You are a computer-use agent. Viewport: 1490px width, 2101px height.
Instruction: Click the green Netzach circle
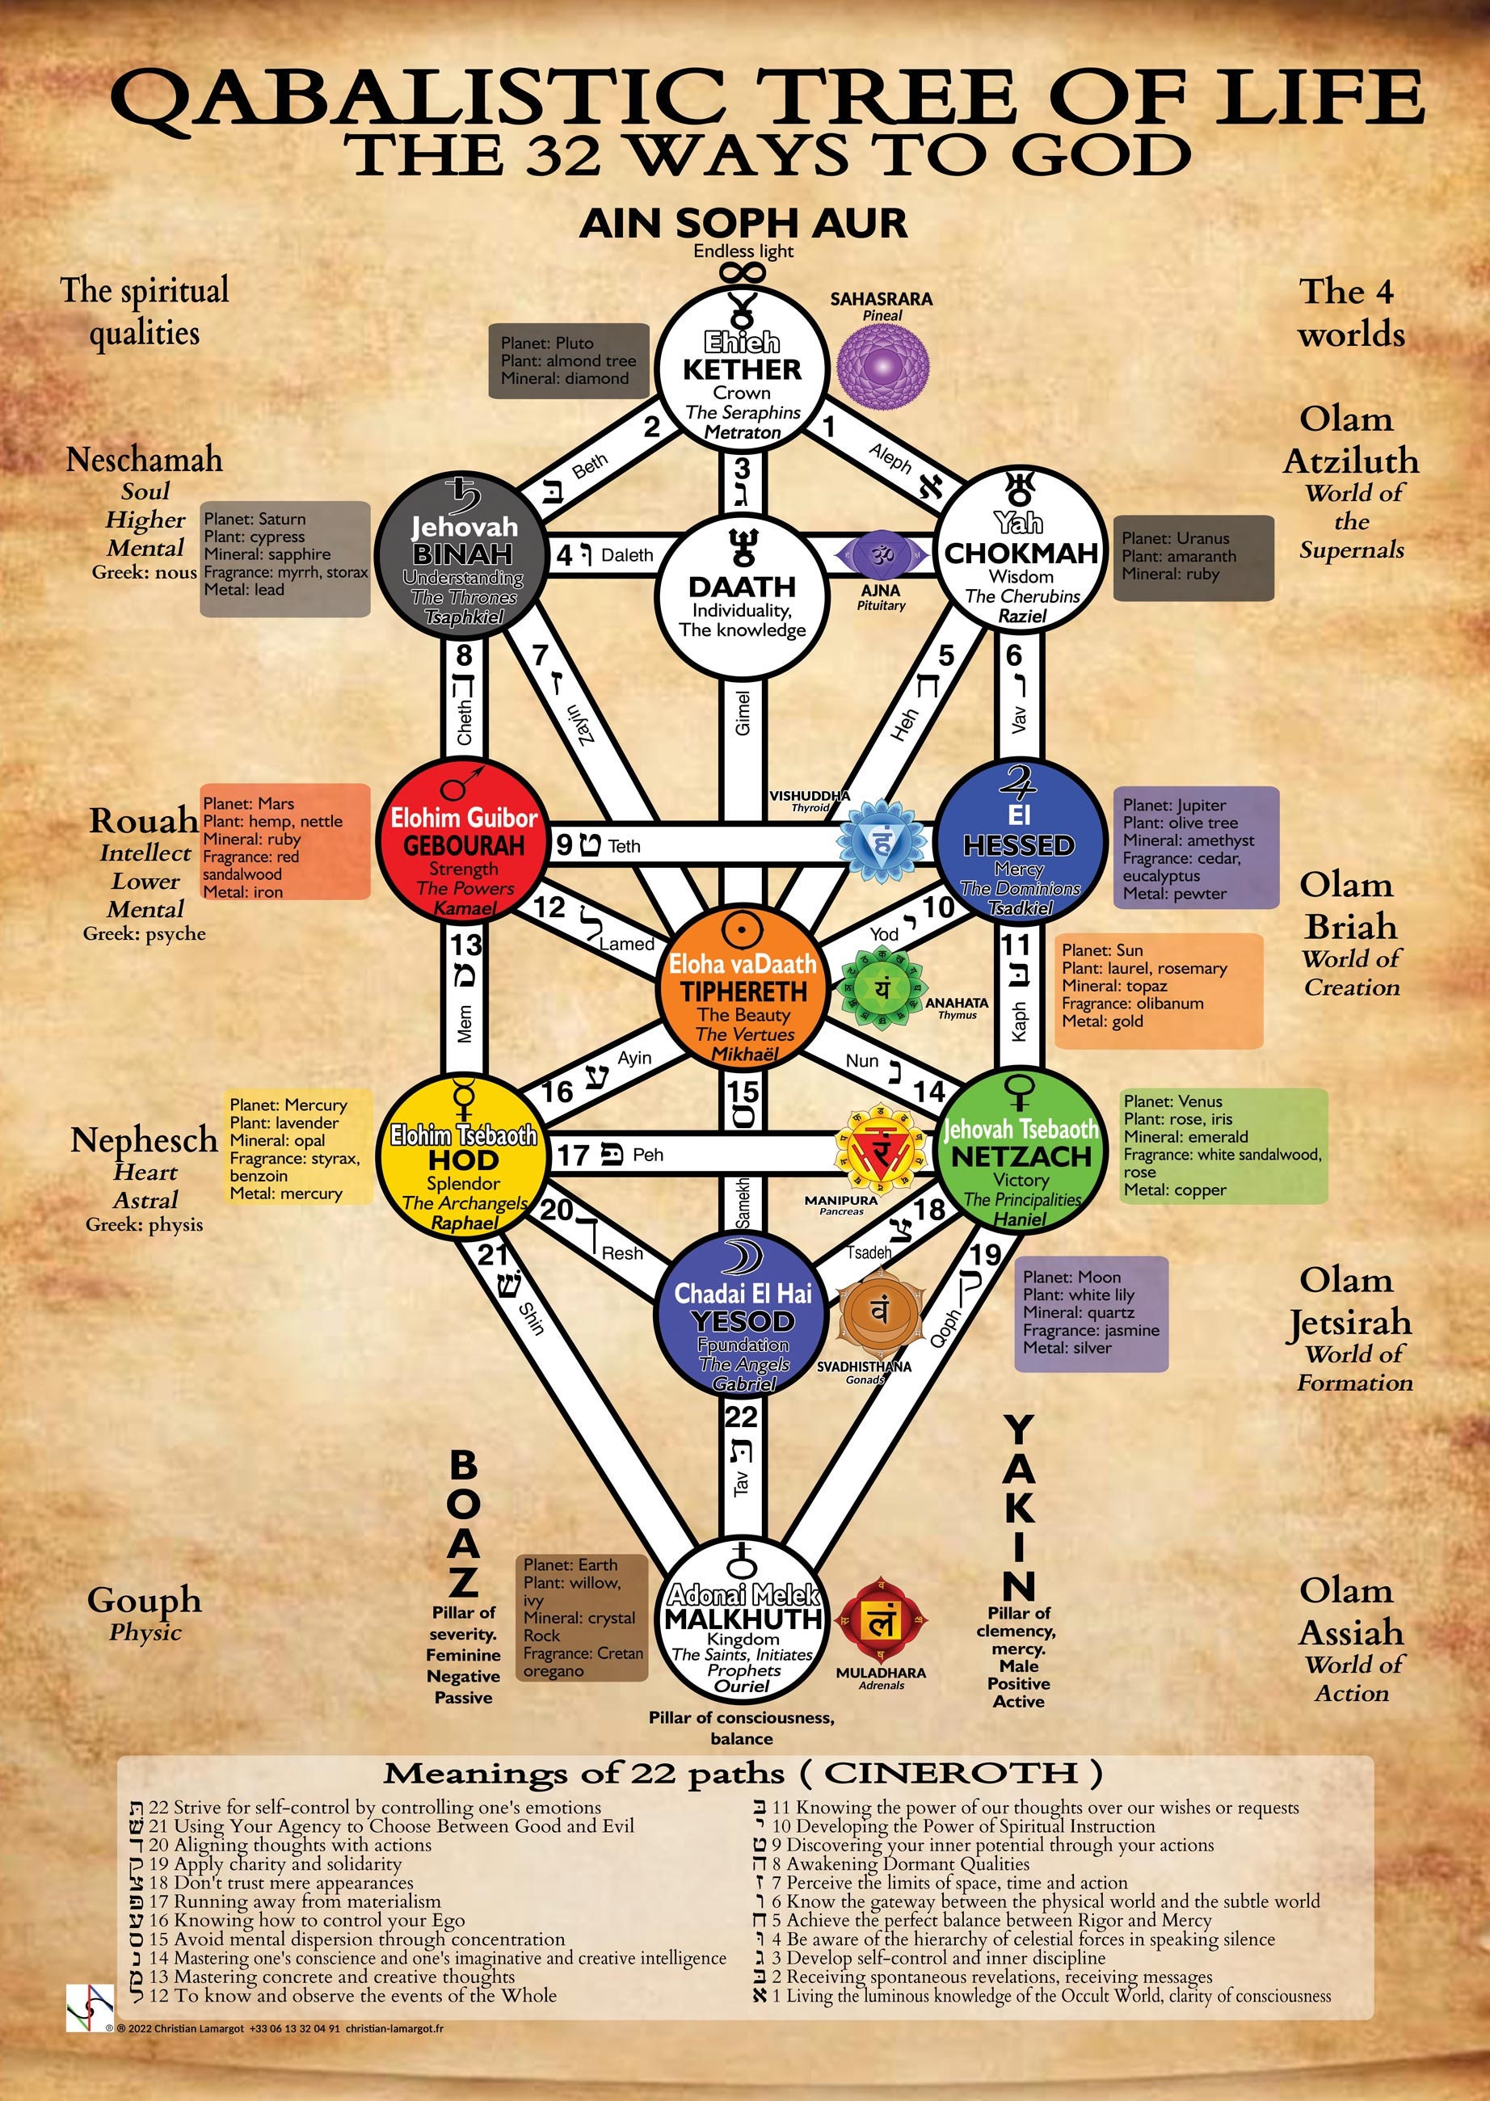[1021, 1152]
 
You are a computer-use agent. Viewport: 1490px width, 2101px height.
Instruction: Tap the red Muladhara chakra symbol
[881, 1622]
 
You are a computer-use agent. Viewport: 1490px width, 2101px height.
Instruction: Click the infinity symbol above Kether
[743, 272]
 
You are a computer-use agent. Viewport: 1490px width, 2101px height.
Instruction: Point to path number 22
[741, 1417]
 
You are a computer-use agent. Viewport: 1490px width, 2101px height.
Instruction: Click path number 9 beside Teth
[564, 845]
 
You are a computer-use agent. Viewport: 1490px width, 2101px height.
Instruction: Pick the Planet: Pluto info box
[568, 360]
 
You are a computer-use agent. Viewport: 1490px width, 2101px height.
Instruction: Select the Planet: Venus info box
[1224, 1145]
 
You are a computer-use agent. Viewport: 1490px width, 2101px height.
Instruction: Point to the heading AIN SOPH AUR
[743, 223]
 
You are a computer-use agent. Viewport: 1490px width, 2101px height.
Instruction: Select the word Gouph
[144, 1600]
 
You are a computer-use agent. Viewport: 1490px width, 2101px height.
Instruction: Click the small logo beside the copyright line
[89, 2006]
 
